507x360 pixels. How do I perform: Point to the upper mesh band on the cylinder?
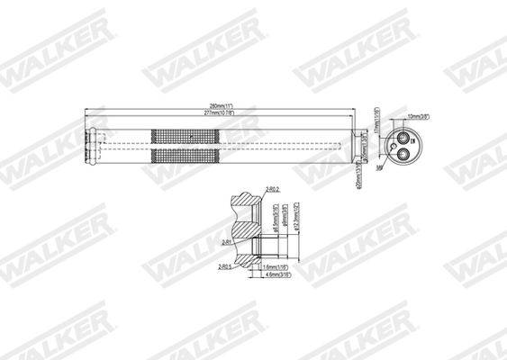185,136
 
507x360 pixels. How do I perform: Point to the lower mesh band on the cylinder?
185,156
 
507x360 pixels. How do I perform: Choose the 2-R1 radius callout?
226,242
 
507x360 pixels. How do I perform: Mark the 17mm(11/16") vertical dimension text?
376,120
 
